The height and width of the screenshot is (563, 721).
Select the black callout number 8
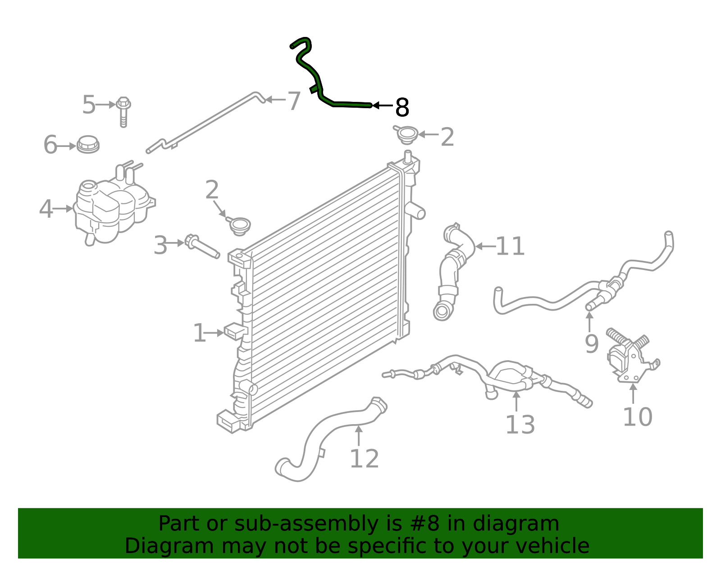click(402, 108)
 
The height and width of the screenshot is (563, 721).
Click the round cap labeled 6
click(88, 144)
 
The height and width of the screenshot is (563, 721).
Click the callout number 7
click(294, 101)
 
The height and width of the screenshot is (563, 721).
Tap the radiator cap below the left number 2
click(239, 225)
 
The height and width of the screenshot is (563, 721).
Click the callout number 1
click(199, 334)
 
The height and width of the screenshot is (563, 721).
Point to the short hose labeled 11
click(453, 270)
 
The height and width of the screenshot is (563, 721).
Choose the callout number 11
click(510, 247)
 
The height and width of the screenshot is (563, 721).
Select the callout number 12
click(364, 459)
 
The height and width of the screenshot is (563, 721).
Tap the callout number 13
click(520, 425)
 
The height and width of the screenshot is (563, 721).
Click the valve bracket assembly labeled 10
click(629, 358)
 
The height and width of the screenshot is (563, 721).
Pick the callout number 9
click(591, 343)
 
